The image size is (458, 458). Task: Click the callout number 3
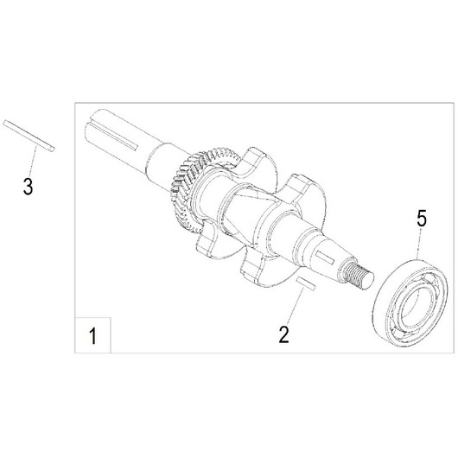coord(28,187)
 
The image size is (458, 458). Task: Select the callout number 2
coord(284,334)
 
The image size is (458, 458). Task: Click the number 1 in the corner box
coord(92,336)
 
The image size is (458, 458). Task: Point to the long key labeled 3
coord(29,136)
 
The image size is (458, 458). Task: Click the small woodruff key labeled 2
coord(306,284)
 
